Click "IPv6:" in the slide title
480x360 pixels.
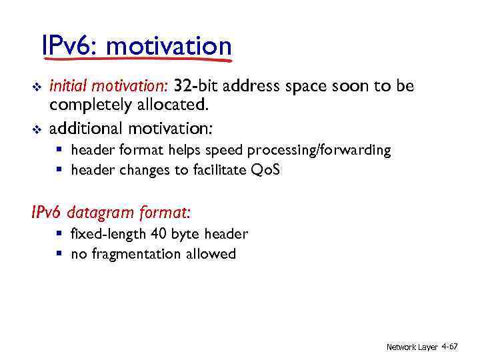[x=69, y=47]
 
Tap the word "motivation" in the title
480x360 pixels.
[x=168, y=47]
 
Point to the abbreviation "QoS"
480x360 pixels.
[x=265, y=170]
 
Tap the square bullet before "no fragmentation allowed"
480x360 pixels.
[x=59, y=254]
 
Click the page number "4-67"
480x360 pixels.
[x=449, y=347]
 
